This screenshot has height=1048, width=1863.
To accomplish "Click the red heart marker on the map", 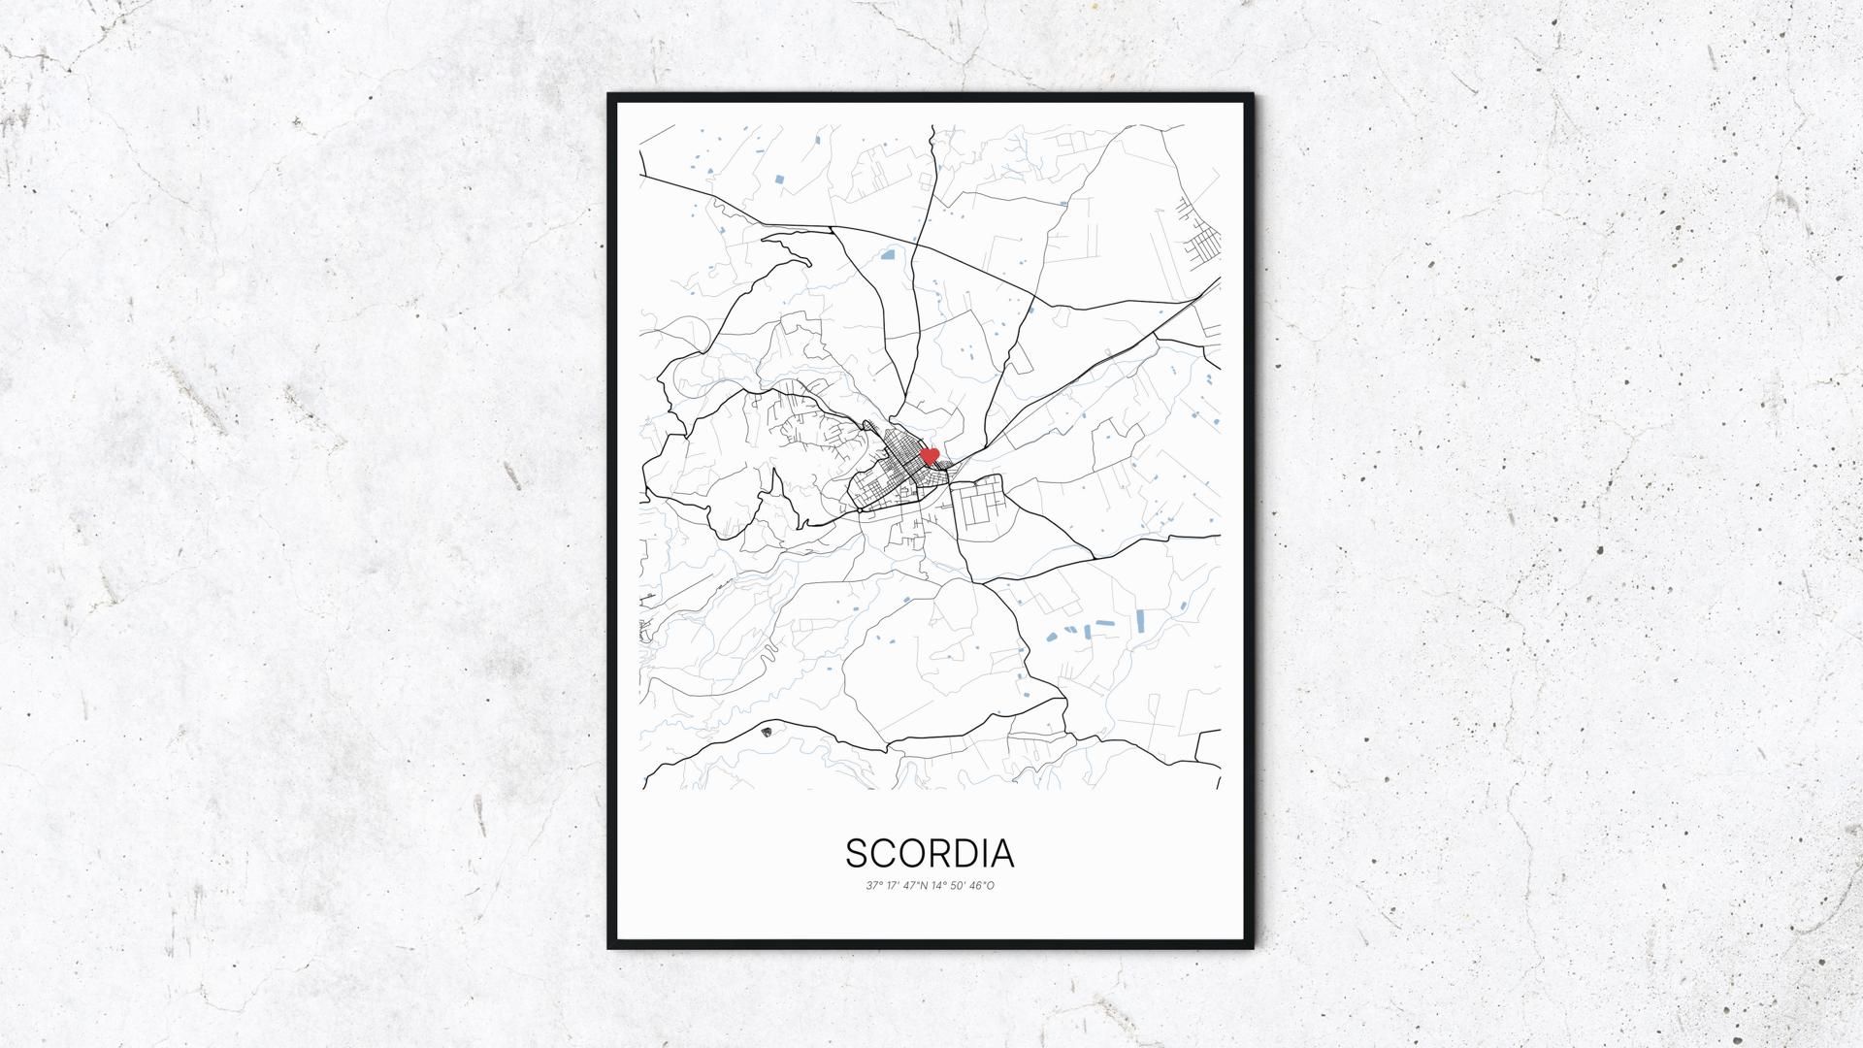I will [x=929, y=455].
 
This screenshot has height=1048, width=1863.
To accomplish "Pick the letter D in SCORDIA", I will [x=965, y=854].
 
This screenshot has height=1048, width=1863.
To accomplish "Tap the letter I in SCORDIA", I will [x=985, y=854].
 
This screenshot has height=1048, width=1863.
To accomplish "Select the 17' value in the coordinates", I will [x=894, y=885].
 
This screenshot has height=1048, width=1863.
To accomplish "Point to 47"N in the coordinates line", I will [x=916, y=885].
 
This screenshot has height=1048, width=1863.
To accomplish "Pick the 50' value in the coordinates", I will [x=959, y=885].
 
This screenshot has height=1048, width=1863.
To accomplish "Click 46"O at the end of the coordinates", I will [x=982, y=885].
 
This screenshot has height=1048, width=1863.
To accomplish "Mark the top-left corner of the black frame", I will [x=609, y=95].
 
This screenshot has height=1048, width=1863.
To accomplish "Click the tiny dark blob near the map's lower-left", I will [x=767, y=731].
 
